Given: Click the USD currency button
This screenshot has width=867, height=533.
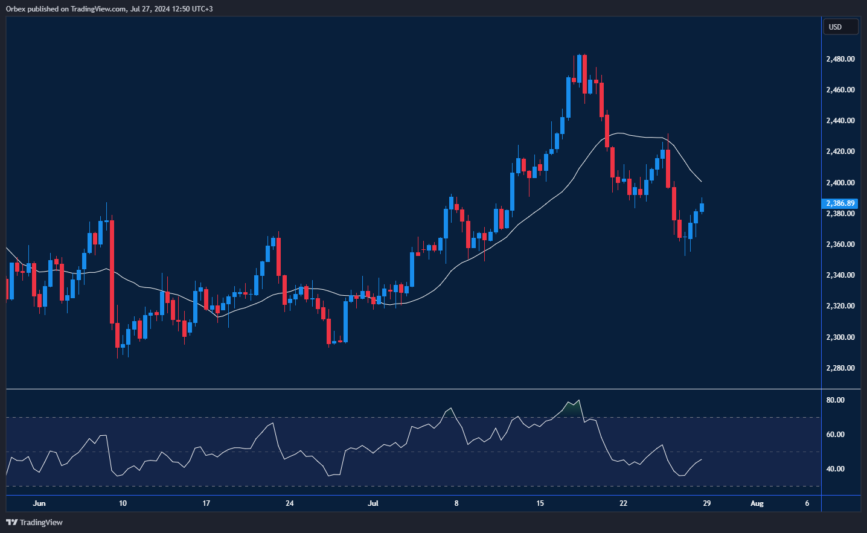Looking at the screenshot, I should (x=840, y=27).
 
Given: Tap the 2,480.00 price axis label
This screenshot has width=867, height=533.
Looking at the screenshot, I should (x=840, y=59).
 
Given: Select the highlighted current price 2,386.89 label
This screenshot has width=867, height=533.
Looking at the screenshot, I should (x=840, y=203).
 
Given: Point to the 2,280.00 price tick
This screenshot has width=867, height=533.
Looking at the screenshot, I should (x=840, y=368).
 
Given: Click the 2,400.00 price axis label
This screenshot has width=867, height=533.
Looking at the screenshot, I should (x=840, y=182).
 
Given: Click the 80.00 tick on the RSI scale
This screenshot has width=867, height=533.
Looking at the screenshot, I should (x=836, y=400).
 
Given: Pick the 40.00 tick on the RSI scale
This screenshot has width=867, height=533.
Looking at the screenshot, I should (x=836, y=469).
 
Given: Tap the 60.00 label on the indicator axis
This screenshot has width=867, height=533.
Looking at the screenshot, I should (x=836, y=435).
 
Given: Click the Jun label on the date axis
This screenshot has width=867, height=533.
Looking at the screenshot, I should (x=39, y=503).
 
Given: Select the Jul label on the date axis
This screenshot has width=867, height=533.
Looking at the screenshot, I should (x=373, y=503).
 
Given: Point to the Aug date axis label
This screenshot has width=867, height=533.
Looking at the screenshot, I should (x=757, y=503).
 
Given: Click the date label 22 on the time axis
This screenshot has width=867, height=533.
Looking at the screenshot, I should (x=623, y=503).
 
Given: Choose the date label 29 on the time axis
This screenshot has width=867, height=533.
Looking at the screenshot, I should (x=706, y=503).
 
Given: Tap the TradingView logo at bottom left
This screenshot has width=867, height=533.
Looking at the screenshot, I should (x=34, y=522).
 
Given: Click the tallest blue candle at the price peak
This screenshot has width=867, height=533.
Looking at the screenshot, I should (x=568, y=97).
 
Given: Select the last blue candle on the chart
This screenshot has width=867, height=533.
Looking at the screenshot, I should (x=702, y=208).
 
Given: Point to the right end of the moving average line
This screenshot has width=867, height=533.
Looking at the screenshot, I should (x=700, y=181).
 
